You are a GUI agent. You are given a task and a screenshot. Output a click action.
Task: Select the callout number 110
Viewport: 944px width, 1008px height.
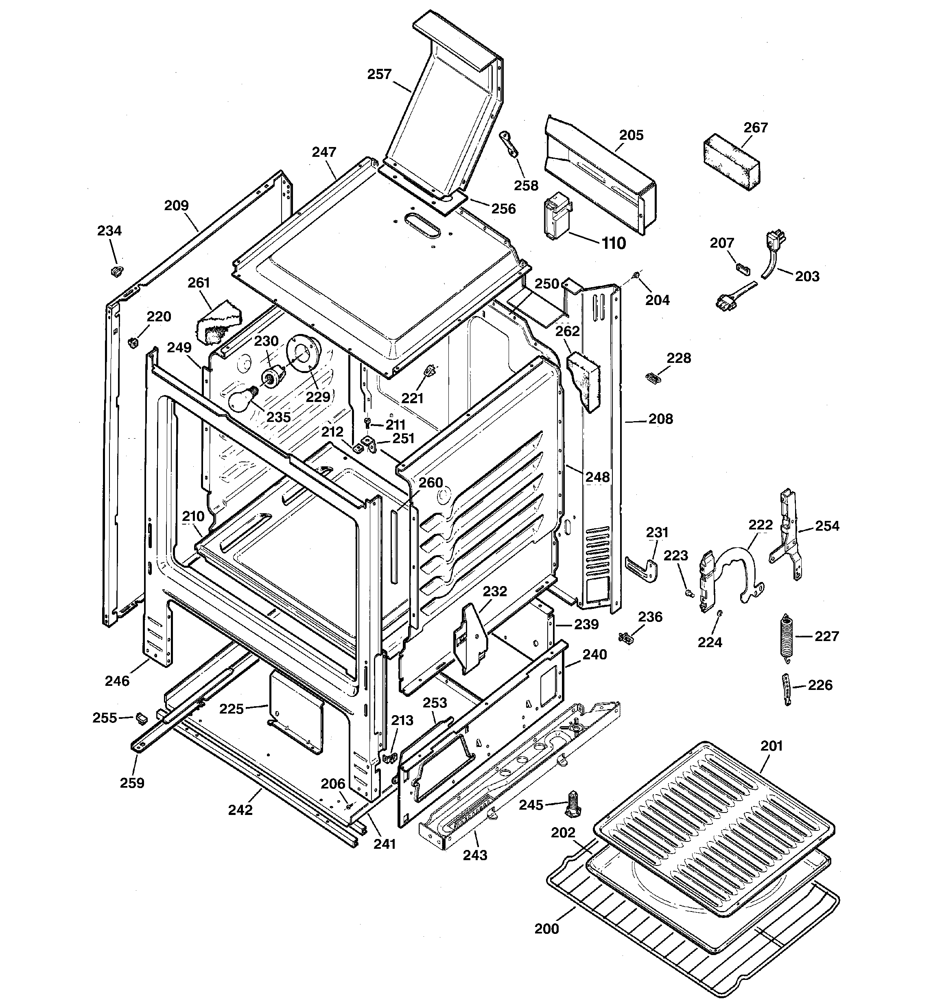click(614, 244)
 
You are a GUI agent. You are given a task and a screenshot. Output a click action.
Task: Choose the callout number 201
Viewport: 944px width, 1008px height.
click(772, 746)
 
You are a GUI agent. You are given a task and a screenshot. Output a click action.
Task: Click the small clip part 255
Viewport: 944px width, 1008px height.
click(141, 718)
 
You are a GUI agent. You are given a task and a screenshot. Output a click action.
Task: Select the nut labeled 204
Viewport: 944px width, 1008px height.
click(636, 275)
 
